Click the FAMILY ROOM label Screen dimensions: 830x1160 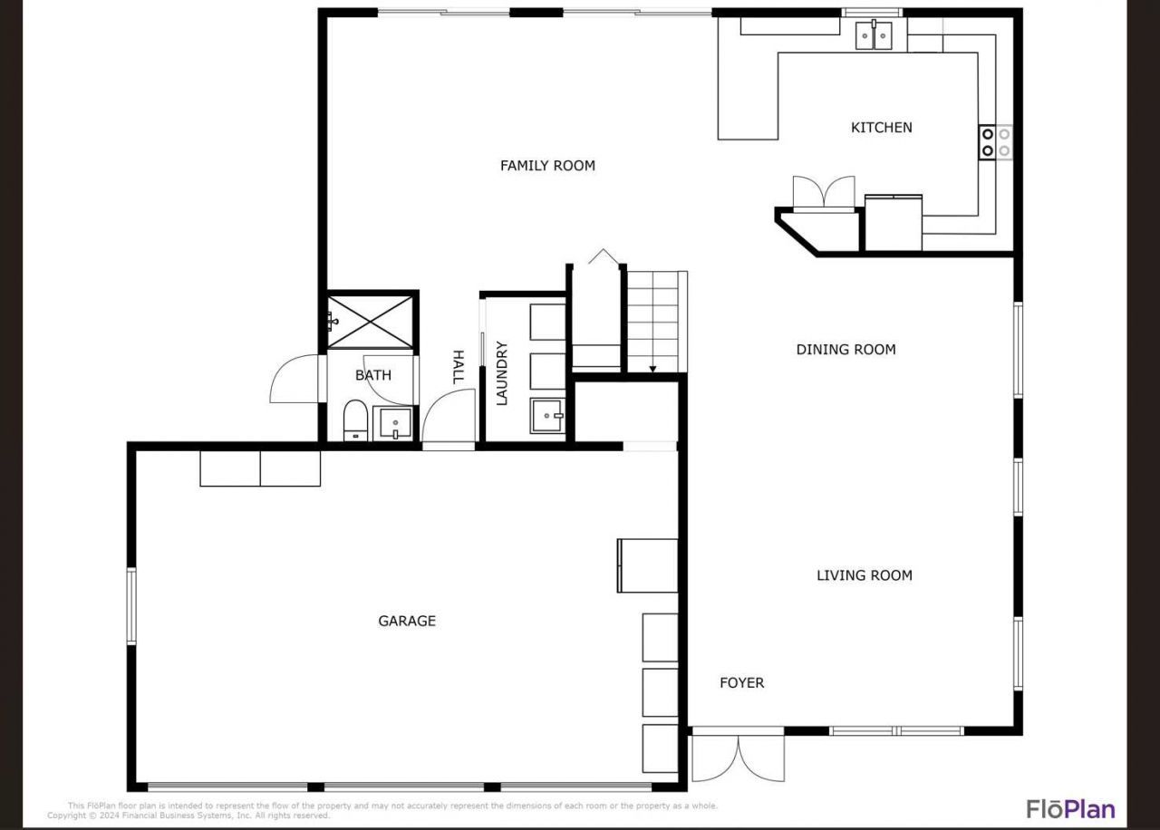(547, 165)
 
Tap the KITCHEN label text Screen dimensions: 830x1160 (881, 128)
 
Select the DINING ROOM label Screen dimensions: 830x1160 (846, 349)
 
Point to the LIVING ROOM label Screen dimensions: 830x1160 (864, 574)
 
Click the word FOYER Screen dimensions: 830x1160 (741, 683)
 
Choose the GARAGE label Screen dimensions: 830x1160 (407, 621)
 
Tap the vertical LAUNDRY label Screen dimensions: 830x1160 (502, 372)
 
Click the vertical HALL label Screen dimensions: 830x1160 (458, 367)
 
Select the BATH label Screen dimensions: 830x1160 (372, 375)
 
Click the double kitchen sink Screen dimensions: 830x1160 (874, 36)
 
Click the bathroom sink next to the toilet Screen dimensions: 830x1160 (395, 423)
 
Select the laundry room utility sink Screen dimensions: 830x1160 (547, 417)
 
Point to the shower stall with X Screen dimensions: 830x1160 (372, 320)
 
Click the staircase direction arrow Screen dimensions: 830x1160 (652, 367)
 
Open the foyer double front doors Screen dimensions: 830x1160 (738, 757)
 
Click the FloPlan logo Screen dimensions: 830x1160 (1070, 808)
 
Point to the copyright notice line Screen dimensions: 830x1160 (188, 816)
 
